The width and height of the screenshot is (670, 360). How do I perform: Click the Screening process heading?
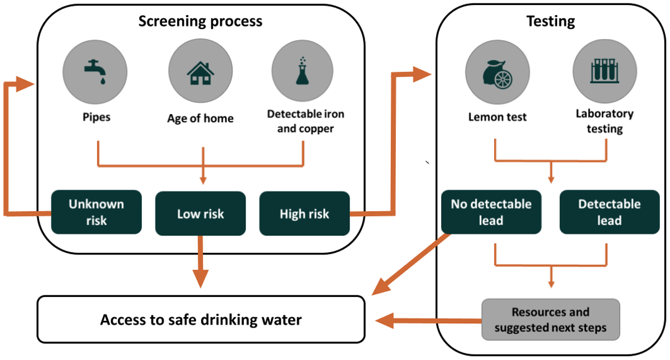point(200,22)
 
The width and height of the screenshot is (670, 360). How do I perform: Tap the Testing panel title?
point(551,22)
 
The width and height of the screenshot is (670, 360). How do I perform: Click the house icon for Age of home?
point(200,70)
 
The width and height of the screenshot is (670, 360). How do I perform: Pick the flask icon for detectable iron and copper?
point(303,70)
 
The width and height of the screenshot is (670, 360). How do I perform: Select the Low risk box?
point(200,213)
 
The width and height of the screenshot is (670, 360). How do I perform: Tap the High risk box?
point(304,213)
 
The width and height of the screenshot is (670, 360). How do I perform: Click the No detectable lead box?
point(491,213)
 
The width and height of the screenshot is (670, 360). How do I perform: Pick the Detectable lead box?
point(609,213)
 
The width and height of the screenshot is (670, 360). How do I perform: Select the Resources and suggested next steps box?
point(551,320)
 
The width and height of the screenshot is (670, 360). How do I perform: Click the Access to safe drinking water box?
point(200,320)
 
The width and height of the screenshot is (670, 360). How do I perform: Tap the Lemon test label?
point(496,117)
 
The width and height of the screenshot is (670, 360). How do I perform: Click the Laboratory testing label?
point(605,121)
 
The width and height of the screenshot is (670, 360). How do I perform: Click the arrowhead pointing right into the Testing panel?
point(422,74)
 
